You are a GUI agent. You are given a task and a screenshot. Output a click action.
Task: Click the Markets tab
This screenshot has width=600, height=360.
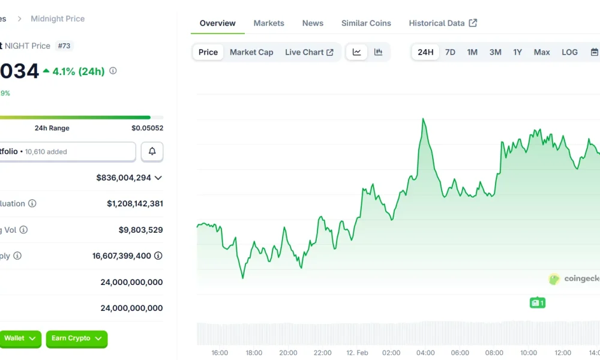pos(269,23)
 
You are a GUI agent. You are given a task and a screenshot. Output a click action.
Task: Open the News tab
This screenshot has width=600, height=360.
pos(313,23)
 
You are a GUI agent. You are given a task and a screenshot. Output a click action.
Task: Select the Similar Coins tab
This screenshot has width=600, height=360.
pos(366,23)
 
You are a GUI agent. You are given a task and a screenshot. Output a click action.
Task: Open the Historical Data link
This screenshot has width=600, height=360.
pos(443,23)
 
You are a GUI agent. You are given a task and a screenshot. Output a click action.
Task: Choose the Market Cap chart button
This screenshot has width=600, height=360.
pos(251,52)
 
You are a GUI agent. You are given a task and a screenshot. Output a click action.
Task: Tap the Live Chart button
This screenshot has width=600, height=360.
pos(309,52)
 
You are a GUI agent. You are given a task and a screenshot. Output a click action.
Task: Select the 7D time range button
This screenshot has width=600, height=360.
pos(450,52)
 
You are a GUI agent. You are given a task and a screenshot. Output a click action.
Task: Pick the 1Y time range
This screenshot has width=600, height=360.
pos(517,52)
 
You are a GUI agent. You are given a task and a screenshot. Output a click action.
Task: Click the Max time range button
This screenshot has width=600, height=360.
pos(542,52)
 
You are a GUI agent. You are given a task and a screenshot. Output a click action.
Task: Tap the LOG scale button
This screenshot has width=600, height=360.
pos(569,52)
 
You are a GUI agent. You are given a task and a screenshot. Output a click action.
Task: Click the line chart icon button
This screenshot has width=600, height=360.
pos(356,52)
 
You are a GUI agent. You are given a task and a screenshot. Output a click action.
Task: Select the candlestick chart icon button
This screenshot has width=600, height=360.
pos(378,52)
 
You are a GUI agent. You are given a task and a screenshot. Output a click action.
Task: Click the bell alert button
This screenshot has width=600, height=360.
pos(152,152)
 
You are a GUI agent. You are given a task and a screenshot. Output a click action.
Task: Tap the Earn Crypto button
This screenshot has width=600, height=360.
pos(76,338)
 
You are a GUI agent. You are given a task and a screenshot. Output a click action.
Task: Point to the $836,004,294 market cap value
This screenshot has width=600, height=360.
pos(124,178)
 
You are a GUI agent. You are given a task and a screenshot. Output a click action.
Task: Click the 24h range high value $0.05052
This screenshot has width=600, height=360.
pos(147,128)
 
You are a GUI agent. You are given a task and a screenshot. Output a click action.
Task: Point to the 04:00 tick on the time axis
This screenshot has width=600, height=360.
pos(425,353)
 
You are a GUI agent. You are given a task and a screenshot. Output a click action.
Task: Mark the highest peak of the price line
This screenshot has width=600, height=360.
pos(424,119)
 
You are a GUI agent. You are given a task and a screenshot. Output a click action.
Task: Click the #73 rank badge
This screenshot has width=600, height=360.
pos(64,46)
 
